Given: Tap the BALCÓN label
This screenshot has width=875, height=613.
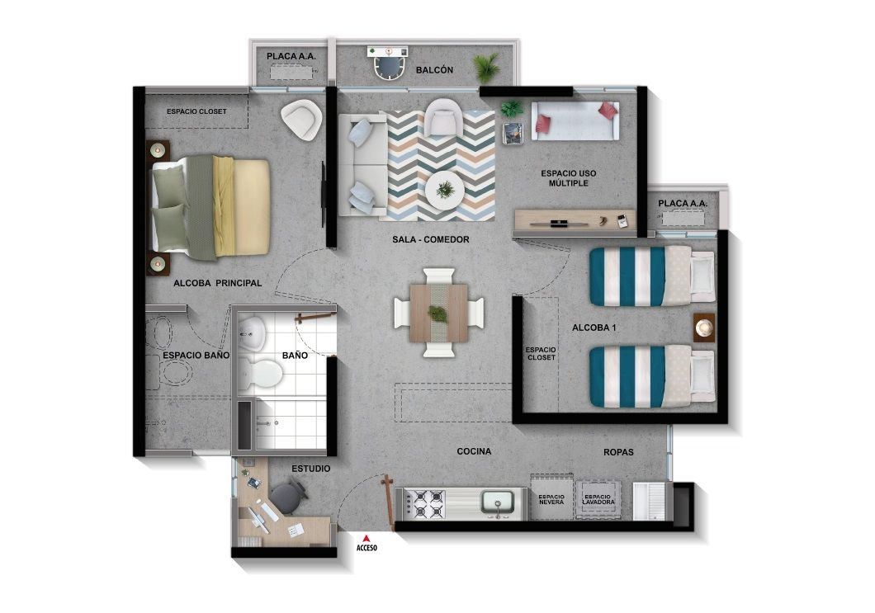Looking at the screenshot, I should tap(434, 71).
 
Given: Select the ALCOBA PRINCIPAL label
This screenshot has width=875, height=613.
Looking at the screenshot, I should tap(217, 283).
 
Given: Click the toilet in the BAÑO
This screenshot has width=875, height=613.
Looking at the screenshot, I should tap(265, 374).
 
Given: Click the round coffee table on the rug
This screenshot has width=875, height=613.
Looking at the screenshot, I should tap(445, 191).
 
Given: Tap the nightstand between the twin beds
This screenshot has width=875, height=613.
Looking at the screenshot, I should tap(703, 328).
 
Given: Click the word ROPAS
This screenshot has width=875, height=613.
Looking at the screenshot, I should tap(618, 452).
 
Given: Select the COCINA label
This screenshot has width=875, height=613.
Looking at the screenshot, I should tap(474, 452).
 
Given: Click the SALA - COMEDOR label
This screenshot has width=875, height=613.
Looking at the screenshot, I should tap(430, 240).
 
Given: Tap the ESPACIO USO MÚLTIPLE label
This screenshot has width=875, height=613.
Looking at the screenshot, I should tap(568, 178).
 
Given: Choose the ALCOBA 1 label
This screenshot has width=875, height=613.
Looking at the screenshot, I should tap(594, 328).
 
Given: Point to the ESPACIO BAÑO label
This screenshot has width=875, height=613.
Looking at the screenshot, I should tap(196, 356).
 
